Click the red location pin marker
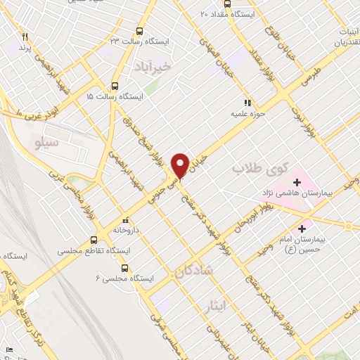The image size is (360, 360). pyautogui.click(x=180, y=165)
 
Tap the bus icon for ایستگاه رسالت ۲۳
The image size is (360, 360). pyautogui.click(x=138, y=32)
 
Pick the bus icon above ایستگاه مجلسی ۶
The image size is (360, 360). pyautogui.click(x=124, y=268)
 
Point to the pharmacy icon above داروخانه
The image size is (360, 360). pyautogui.click(x=124, y=219)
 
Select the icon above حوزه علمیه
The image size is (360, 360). pyautogui.click(x=245, y=103)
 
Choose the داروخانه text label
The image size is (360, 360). pyautogui.click(x=125, y=229)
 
